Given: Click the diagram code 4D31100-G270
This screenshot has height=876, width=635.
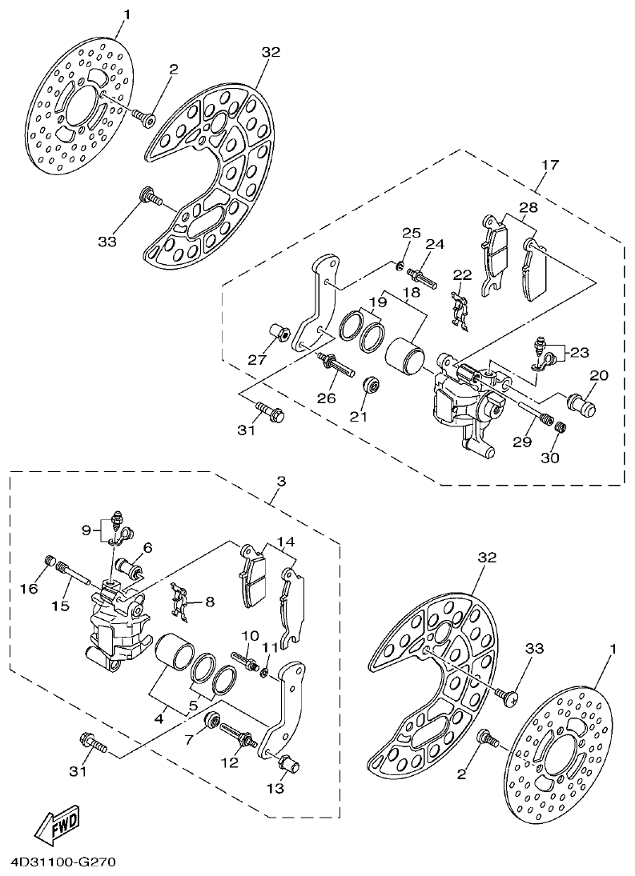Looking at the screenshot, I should [x=64, y=863].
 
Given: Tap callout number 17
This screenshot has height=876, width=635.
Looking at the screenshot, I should [x=549, y=166].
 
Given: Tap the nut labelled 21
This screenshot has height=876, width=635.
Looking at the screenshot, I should [x=371, y=386].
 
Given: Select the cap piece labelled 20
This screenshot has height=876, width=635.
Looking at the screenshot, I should [x=582, y=400].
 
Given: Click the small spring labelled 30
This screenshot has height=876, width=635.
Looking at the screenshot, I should [x=561, y=430].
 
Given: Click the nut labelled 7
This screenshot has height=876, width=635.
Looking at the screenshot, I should [x=214, y=719].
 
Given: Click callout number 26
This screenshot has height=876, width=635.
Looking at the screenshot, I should [x=324, y=397].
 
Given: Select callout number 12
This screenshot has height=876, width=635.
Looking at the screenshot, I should [x=230, y=762].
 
